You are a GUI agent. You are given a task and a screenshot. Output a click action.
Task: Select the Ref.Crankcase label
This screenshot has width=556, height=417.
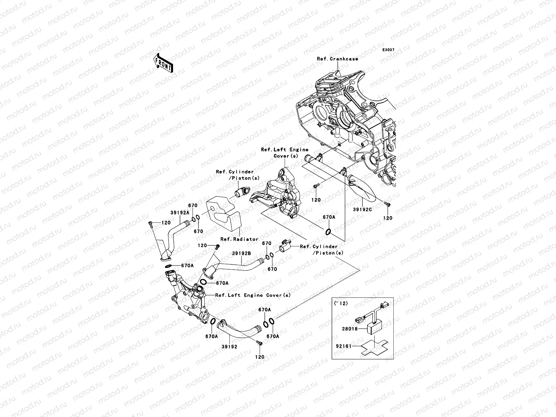click(x=337, y=59)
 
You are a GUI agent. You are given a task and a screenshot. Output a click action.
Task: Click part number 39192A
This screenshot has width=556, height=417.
click(x=180, y=213)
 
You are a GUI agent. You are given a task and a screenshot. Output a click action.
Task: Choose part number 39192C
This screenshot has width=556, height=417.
click(x=362, y=210)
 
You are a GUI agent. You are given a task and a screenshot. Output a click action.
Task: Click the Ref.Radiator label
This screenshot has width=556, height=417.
click(x=239, y=239)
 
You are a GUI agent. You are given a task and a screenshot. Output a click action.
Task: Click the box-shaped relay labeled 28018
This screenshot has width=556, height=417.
click(x=374, y=328)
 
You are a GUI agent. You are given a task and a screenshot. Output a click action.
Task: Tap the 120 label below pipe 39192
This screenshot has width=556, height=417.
click(x=260, y=357)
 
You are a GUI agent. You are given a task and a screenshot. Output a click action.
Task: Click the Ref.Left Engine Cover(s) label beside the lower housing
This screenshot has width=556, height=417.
click(x=253, y=295)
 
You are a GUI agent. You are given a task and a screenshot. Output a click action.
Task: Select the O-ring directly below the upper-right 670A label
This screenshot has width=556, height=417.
click(x=328, y=232)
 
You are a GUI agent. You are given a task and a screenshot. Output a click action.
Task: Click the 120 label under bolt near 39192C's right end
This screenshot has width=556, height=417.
click(x=387, y=218)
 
